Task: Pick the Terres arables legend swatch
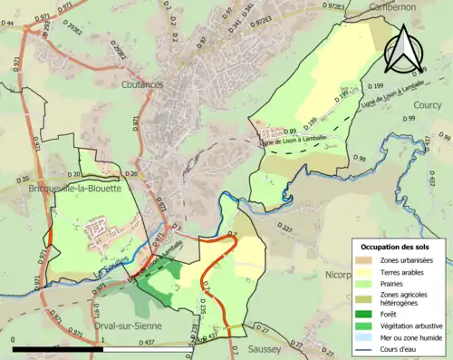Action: coord(363,271)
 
